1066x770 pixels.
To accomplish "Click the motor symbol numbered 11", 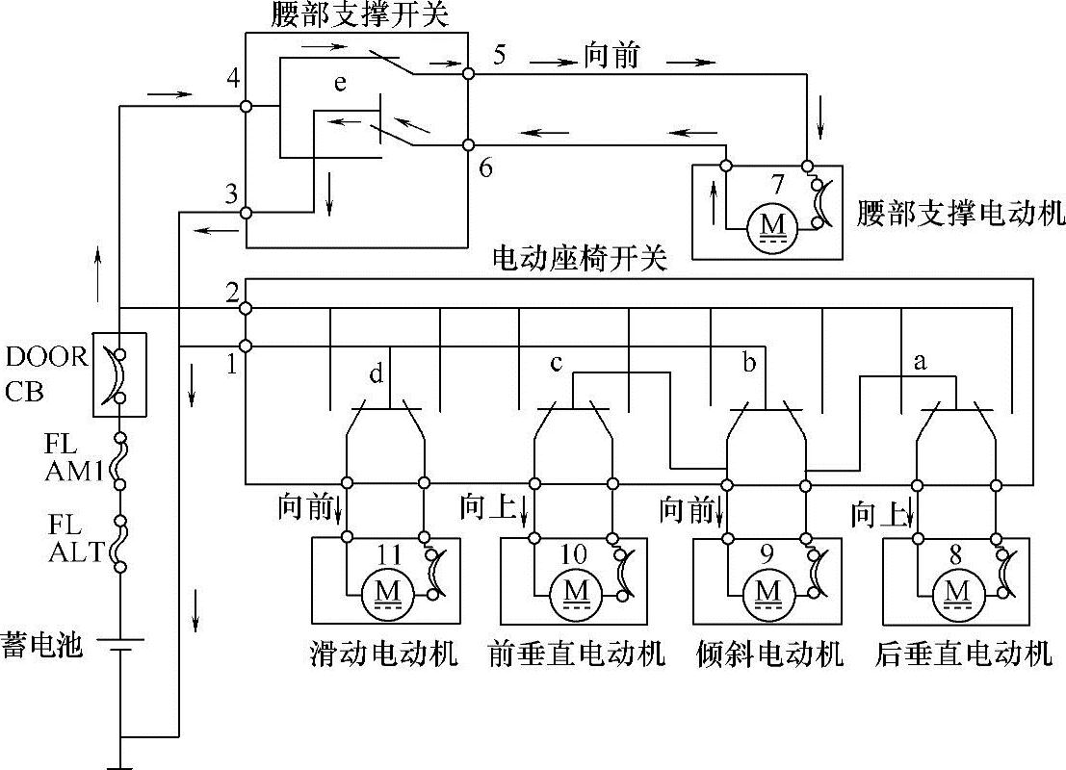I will tap(385, 587).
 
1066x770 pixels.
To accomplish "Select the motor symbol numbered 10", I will tap(576, 587).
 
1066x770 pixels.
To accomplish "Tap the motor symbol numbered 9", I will tap(768, 587).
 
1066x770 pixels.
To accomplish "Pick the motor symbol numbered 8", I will tap(958, 587).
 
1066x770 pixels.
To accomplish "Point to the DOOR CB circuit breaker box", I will tap(119, 374).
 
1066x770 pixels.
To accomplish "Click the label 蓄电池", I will tap(43, 644).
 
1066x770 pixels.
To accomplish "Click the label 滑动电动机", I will tap(384, 655).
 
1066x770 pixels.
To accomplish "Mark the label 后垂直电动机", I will tap(964, 655).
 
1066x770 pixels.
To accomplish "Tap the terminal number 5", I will tap(499, 55).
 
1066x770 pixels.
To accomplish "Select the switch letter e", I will tap(339, 85).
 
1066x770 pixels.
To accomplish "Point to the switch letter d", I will tap(377, 371).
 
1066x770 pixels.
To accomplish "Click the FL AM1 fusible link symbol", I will tap(119, 460).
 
